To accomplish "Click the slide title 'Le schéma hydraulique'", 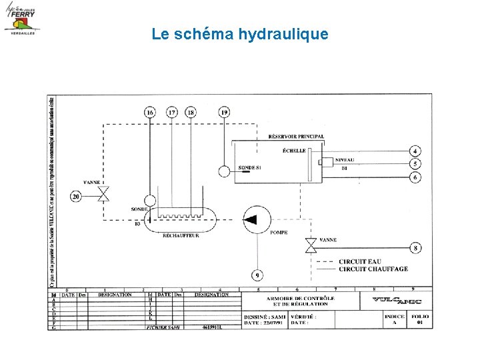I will (240, 33).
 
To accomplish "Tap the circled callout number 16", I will (150, 113).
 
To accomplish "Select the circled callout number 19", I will (224, 113).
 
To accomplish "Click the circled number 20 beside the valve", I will (76, 196).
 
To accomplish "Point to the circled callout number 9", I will (257, 275).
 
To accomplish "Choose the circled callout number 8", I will (415, 248).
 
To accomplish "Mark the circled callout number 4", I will (415, 151).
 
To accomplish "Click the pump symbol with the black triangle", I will (253, 219).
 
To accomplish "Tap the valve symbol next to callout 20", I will (103, 195).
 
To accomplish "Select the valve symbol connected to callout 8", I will (310, 247).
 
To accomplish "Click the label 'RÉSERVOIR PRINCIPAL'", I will (296, 137).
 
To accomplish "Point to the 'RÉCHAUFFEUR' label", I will (181, 235).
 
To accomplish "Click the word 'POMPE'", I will (279, 233).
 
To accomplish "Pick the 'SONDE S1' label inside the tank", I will (249, 168).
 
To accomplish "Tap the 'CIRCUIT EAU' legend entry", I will (360, 261).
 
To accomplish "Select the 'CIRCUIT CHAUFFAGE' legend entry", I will (373, 269).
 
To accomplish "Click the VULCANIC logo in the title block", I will (396, 301).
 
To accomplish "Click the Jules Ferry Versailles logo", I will (22, 18).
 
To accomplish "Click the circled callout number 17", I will (172, 113).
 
